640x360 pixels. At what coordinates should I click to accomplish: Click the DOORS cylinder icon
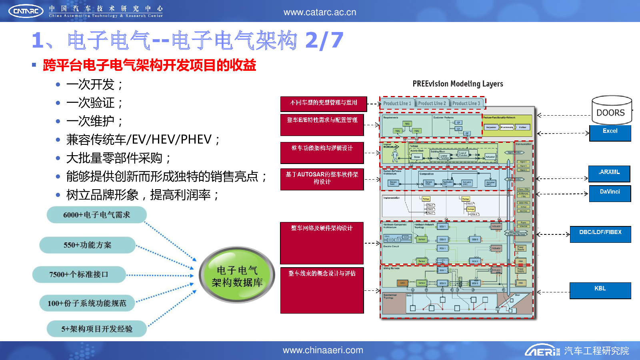(x=612, y=110)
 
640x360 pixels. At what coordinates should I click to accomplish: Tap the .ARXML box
(x=609, y=174)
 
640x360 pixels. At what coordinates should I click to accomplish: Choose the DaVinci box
(x=610, y=193)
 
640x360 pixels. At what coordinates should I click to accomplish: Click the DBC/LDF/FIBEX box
(x=600, y=234)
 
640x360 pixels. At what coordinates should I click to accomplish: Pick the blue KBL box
(x=600, y=290)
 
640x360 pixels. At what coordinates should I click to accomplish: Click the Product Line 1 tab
(x=397, y=103)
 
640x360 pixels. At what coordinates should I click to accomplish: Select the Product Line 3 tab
(x=466, y=103)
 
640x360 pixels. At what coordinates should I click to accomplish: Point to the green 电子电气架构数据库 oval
(x=237, y=276)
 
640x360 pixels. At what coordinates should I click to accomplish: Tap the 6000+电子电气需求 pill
(x=96, y=215)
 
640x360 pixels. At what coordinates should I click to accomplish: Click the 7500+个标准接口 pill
(x=79, y=274)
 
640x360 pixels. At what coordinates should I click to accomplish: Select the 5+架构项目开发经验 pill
(x=96, y=329)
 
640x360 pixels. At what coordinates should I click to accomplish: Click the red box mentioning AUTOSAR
(x=322, y=179)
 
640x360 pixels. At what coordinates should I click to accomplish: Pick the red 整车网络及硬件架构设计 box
(x=322, y=242)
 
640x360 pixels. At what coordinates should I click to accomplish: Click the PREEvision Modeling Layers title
(x=458, y=84)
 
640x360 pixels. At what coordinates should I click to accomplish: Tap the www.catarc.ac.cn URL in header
(x=320, y=12)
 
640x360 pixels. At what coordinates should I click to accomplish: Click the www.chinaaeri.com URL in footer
(x=323, y=350)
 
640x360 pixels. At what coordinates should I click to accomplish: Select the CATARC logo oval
(x=26, y=11)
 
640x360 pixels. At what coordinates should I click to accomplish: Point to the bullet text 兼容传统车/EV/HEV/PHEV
(x=142, y=140)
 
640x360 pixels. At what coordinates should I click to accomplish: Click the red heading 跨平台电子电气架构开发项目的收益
(x=149, y=65)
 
